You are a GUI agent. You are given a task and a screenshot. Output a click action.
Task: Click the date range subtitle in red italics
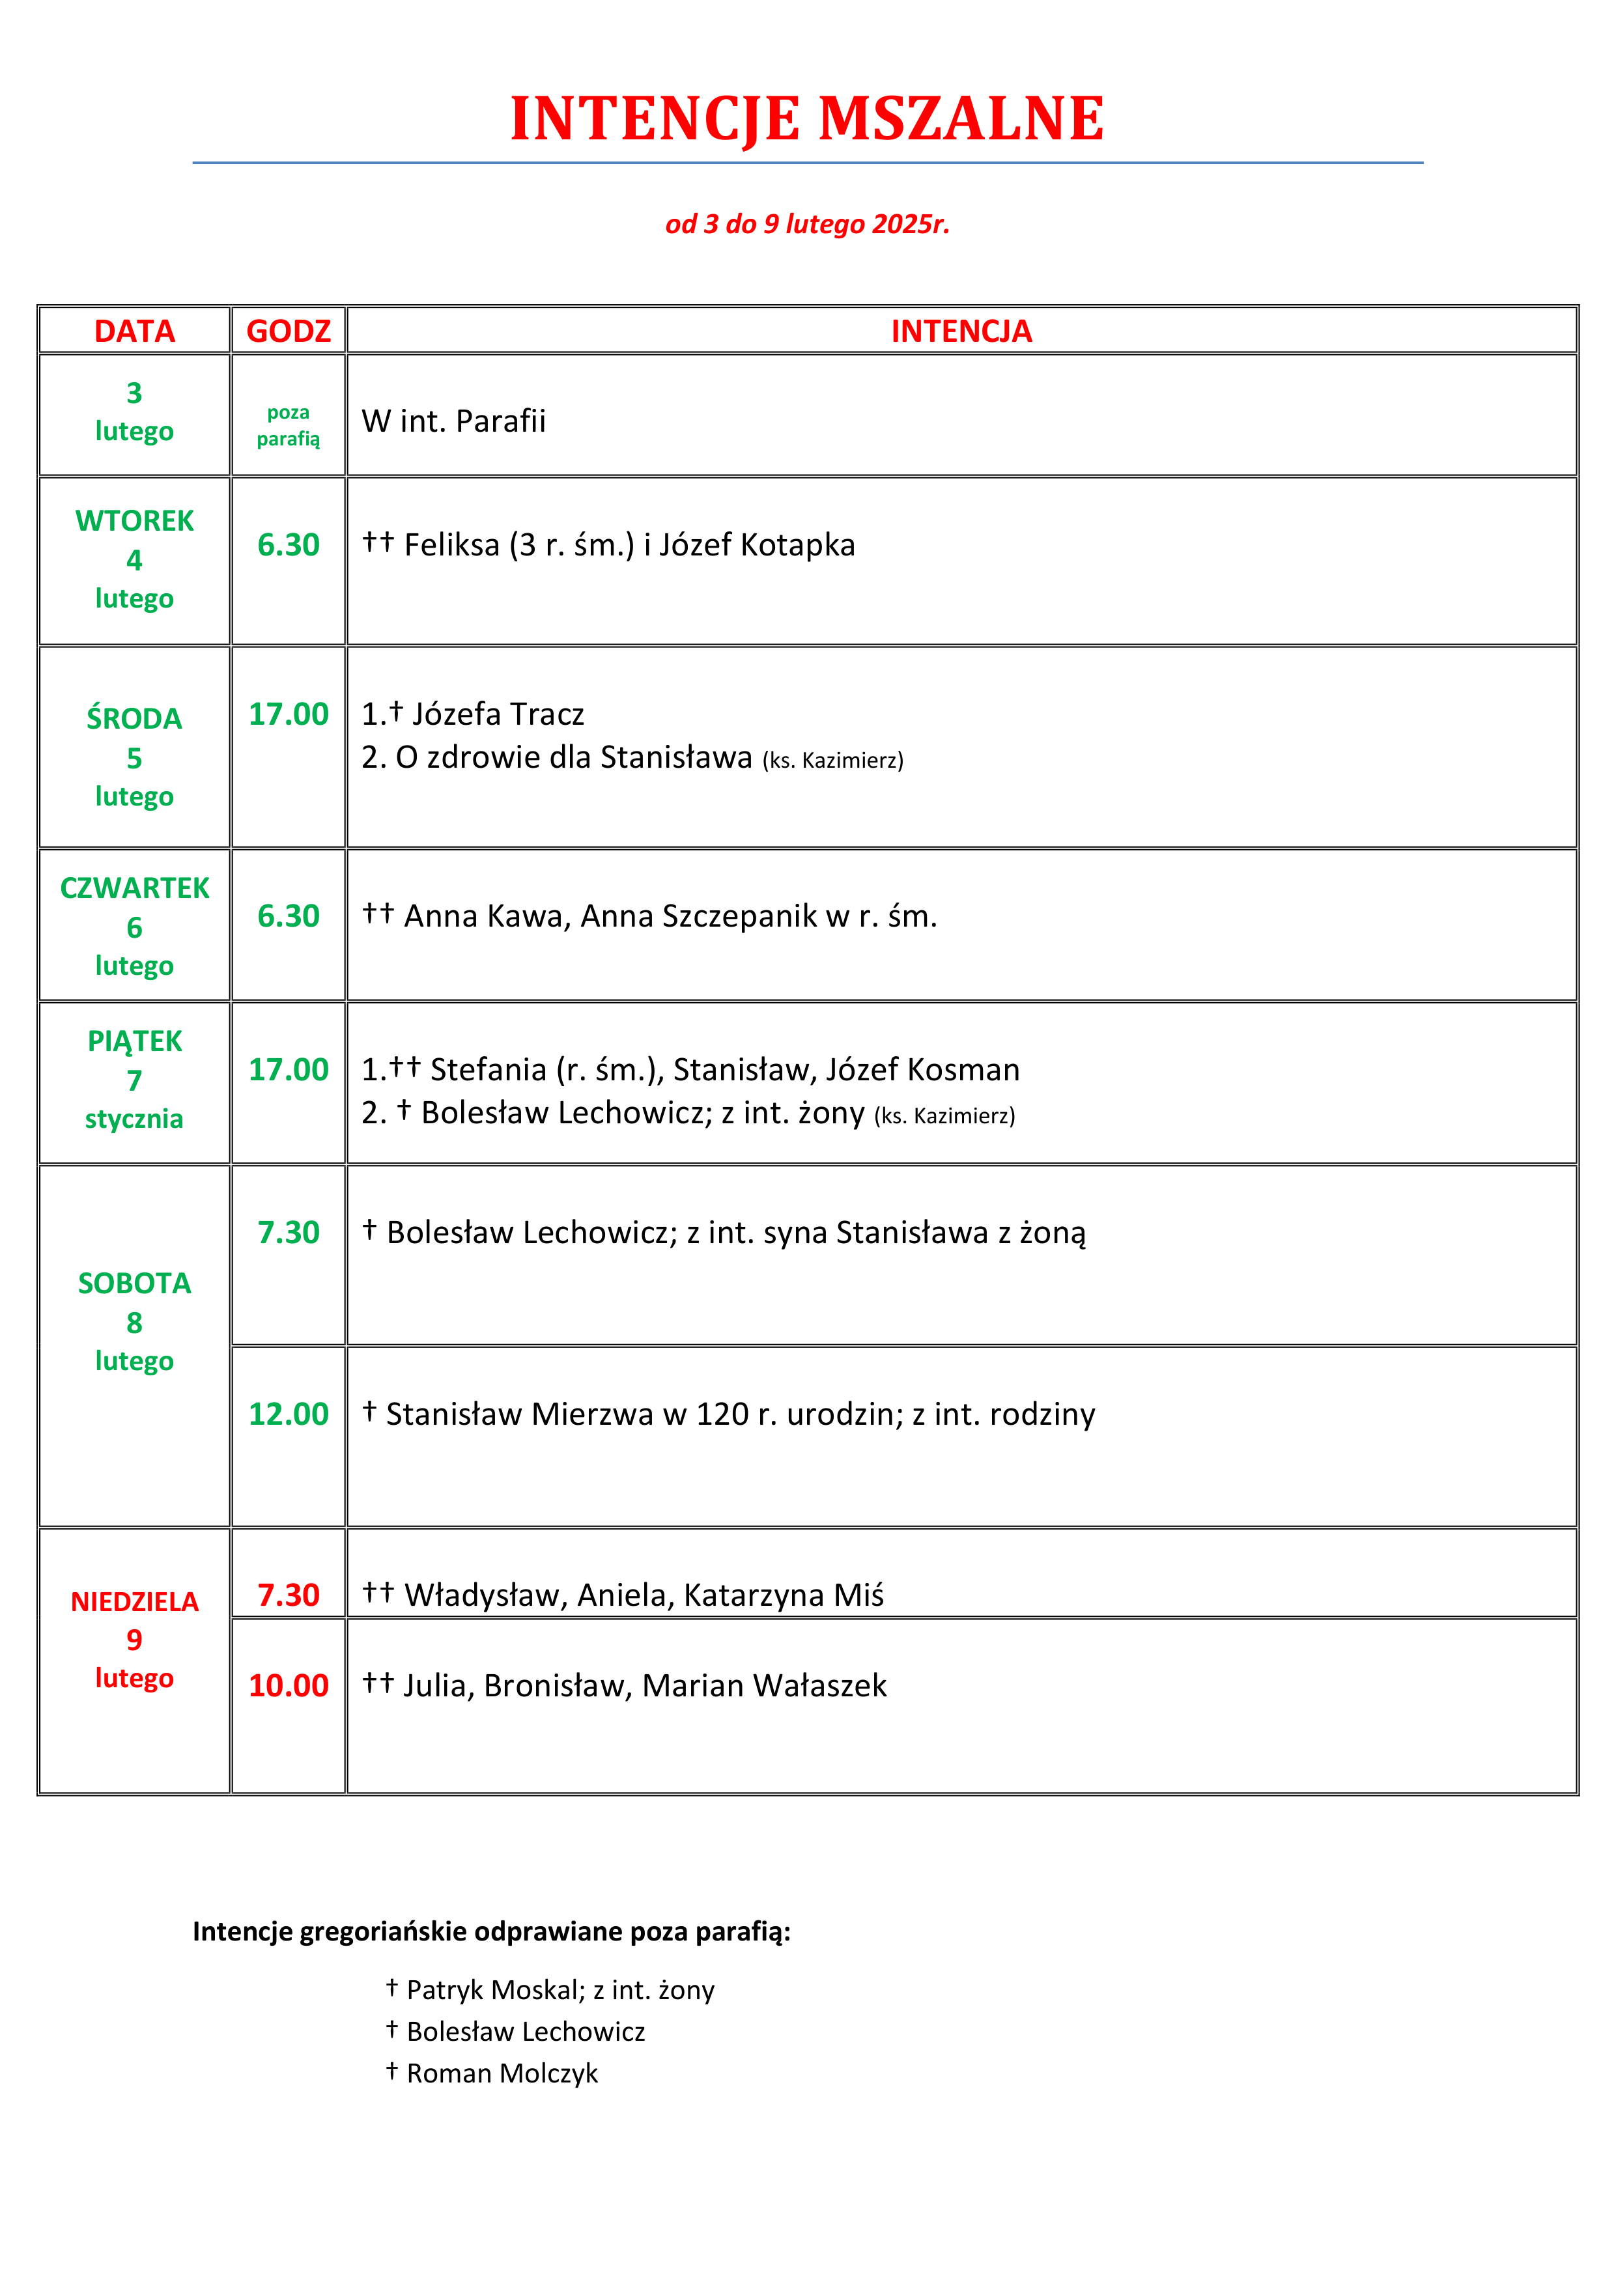pyautogui.click(x=808, y=224)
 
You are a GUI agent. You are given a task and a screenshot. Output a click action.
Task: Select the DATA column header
pyautogui.click(x=134, y=331)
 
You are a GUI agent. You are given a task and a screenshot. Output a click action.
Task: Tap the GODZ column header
pyautogui.click(x=289, y=331)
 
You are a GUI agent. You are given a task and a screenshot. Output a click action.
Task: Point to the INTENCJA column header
pyautogui.click(x=961, y=331)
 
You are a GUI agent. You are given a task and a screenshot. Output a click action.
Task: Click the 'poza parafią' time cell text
pyautogui.click(x=289, y=426)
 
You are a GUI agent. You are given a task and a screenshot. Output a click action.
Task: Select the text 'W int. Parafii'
pyautogui.click(x=454, y=421)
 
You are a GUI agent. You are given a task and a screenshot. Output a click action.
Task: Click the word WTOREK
pyautogui.click(x=134, y=520)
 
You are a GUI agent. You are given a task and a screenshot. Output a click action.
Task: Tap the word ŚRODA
pyautogui.click(x=134, y=718)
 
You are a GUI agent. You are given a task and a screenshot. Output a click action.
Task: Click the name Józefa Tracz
pyautogui.click(x=498, y=714)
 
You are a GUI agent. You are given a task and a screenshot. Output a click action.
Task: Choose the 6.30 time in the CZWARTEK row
pyautogui.click(x=289, y=916)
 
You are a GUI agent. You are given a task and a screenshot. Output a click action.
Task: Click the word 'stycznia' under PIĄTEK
pyautogui.click(x=134, y=1119)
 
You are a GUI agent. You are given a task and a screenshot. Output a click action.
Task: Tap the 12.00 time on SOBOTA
pyautogui.click(x=289, y=1414)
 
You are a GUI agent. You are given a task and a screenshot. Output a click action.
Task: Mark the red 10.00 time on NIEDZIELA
pyautogui.click(x=289, y=1686)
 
